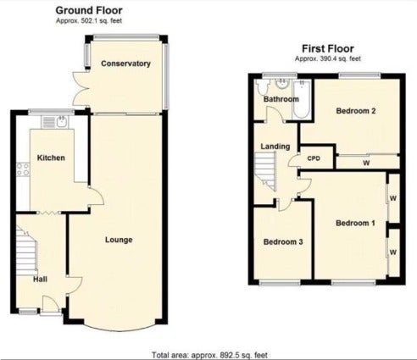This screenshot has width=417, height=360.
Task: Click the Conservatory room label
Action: click(x=125, y=64)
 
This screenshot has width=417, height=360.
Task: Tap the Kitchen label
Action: click(x=51, y=158)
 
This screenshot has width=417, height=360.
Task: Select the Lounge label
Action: click(x=119, y=240)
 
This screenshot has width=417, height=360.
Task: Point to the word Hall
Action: click(x=40, y=280)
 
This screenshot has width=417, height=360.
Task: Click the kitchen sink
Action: click(x=54, y=122)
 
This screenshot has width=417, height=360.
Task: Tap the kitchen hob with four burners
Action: click(x=23, y=169)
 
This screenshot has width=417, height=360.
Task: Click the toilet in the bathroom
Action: click(x=262, y=87)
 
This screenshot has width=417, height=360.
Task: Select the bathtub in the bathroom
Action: click(x=302, y=99)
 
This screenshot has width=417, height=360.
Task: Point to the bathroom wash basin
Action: click(x=281, y=84)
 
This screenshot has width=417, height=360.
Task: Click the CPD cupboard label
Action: click(x=314, y=158)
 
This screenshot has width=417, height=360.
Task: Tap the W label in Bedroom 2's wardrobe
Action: click(x=366, y=163)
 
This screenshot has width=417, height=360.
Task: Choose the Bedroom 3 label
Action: click(x=283, y=242)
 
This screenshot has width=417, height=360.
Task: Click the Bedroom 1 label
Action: click(x=355, y=223)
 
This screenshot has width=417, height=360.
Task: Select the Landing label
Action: click(x=275, y=147)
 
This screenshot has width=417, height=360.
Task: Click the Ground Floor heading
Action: click(x=89, y=10)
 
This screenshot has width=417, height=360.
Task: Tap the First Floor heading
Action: click(x=328, y=48)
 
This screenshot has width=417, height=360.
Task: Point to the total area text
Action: click(x=209, y=355)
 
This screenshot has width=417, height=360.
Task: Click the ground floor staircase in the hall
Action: click(x=26, y=248)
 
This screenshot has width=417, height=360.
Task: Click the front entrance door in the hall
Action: click(x=51, y=304)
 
